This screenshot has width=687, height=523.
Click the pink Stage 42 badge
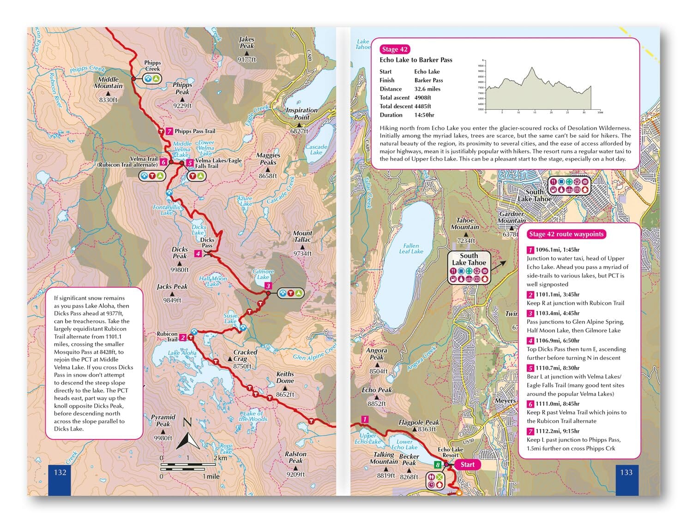click(394, 49)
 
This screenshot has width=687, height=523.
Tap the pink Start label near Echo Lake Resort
click(467, 464)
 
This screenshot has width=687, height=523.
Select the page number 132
click(60, 472)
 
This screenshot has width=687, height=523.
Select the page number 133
click(626, 472)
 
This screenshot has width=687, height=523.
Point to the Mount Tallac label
click(302, 237)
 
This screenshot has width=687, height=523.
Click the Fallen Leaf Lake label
click(411, 249)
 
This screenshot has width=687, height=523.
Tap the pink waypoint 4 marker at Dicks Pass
click(198, 254)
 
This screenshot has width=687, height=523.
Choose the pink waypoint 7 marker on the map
click(169, 131)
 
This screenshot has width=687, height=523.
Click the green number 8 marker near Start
click(437, 465)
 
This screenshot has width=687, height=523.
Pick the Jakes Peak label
click(247, 43)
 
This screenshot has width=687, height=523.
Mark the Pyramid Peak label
click(163, 420)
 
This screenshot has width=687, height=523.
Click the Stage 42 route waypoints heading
click(566, 234)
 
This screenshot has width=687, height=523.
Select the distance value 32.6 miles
click(427, 89)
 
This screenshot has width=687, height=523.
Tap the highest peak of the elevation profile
click(532, 68)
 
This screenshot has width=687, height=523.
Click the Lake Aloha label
click(182, 353)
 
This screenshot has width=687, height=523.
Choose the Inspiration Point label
click(301, 113)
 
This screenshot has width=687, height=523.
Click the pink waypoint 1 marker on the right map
click(365, 419)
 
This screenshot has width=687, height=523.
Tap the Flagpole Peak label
click(419, 422)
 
